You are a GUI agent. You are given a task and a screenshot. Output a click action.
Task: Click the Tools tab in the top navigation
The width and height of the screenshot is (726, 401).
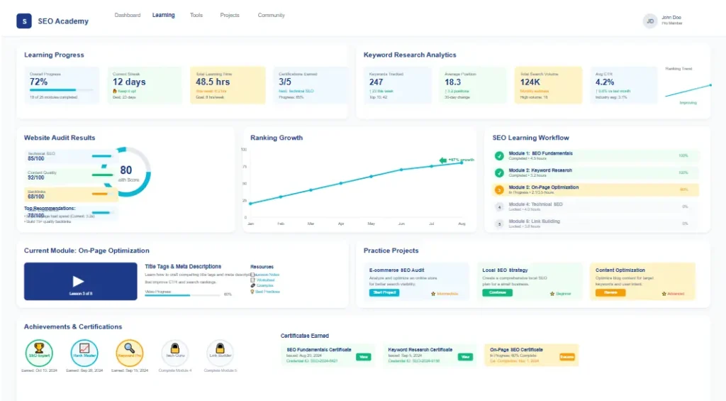coord(196,15)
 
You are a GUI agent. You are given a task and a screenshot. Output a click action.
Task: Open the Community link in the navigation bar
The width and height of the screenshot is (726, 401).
coord(271,15)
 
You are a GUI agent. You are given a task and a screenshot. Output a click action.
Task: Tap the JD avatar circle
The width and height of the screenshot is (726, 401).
coord(650,21)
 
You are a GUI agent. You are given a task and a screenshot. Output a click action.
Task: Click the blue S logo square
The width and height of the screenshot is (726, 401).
coord(24,21)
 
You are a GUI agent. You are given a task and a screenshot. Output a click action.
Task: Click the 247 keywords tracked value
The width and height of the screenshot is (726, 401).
coord(376,82)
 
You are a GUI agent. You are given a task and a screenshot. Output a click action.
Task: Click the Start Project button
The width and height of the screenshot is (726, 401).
coord(384,292)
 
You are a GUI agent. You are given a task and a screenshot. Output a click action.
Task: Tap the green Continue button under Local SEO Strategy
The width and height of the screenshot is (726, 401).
coord(497,292)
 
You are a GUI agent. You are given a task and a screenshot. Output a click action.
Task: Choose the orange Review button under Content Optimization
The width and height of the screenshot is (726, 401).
coord(610,292)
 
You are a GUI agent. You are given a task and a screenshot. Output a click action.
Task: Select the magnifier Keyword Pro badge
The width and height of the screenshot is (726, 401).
coord(129,353)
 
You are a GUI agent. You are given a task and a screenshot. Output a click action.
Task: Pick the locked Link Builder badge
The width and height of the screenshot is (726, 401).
coord(220,353)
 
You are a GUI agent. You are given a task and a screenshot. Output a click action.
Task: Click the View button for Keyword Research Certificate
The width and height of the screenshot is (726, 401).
coord(465,357)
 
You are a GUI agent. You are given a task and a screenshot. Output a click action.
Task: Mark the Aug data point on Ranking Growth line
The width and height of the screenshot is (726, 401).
coord(462,163)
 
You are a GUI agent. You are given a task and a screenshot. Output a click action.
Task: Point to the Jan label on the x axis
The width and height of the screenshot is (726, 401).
coord(250,224)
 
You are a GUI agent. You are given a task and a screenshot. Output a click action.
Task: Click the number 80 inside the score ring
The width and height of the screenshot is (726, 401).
coord(125,170)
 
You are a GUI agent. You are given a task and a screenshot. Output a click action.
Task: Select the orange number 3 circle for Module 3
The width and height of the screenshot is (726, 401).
coord(499,190)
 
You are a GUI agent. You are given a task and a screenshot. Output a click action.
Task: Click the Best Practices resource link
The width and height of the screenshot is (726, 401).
coord(267,292)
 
